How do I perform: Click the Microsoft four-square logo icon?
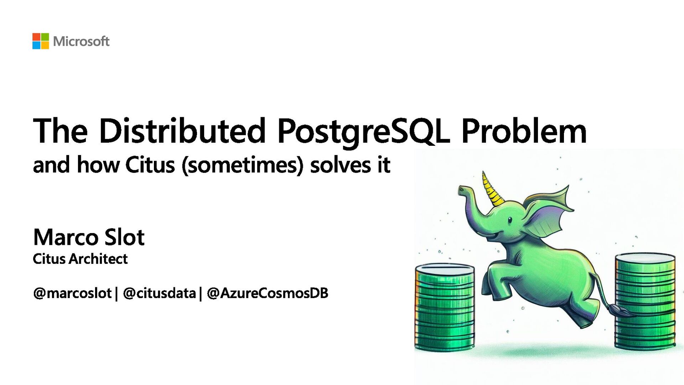[41, 41]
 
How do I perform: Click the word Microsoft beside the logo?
[81, 41]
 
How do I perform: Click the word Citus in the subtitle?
[150, 165]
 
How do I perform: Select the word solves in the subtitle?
[340, 165]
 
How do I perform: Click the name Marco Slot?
[89, 237]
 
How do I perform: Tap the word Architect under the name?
[98, 259]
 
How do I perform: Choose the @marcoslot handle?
[72, 293]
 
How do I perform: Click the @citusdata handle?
[159, 293]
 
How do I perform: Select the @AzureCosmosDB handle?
[267, 293]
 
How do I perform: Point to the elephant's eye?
[510, 220]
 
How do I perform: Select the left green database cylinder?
[445, 307]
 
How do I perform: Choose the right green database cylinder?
[645, 301]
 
